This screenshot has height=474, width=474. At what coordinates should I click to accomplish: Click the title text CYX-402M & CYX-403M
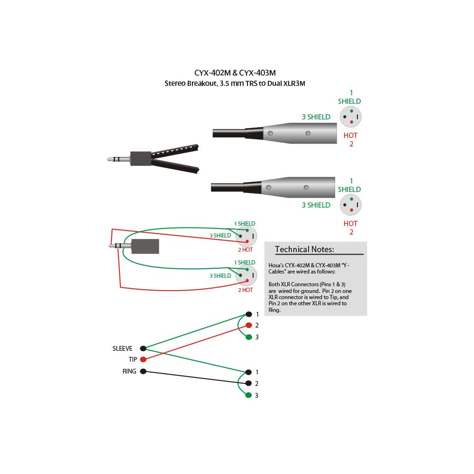coord(235,73)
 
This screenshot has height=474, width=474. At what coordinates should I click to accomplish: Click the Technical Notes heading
coord(304,249)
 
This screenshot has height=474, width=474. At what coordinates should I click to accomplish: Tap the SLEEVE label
coord(122,348)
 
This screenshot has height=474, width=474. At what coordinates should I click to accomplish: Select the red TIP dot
coord(143,359)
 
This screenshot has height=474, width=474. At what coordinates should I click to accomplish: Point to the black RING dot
coord(143,371)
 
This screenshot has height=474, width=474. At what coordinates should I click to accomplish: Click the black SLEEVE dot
coord(143,348)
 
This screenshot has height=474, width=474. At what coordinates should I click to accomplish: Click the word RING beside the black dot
coord(129,371)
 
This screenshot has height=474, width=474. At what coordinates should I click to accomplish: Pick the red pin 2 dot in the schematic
coord(249,325)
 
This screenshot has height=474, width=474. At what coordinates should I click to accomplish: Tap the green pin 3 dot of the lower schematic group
coord(248,395)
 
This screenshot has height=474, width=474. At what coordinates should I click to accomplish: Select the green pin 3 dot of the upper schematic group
coord(249,337)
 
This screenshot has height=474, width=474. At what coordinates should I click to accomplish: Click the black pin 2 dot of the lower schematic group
coord(248,383)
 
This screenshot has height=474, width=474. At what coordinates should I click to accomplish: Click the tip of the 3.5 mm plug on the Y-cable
coord(108,159)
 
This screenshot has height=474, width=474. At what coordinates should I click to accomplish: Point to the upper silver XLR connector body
coord(300,133)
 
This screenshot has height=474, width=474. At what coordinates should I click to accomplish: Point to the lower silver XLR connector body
coord(298,187)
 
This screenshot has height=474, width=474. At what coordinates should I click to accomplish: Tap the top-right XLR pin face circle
coord(351,117)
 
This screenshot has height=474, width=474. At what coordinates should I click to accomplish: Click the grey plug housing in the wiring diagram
coord(145,246)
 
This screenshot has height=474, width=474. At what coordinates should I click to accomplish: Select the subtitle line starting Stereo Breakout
coord(235,83)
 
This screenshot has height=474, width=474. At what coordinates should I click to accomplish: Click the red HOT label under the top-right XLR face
coord(350,136)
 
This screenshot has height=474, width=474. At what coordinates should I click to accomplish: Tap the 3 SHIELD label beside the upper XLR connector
coord(316,117)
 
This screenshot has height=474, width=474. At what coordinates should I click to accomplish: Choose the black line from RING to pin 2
coord(196,377)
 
